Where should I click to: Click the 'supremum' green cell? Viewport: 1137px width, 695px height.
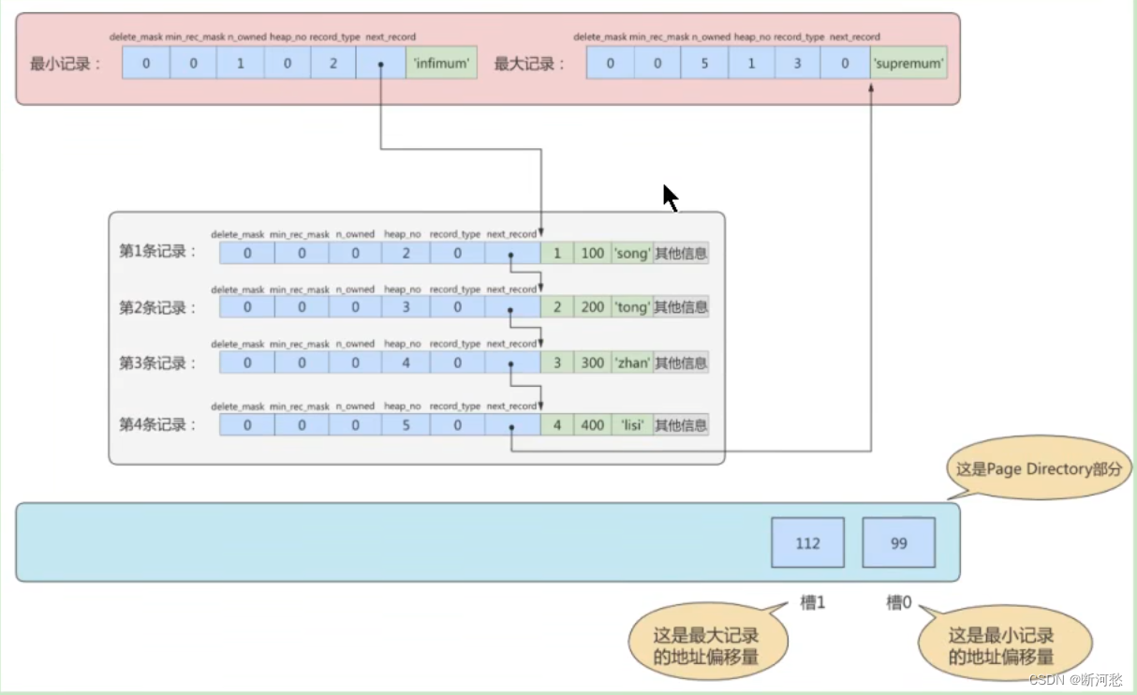[x=908, y=65]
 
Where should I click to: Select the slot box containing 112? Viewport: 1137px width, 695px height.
[x=807, y=542]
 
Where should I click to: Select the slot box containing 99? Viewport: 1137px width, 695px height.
[x=898, y=542]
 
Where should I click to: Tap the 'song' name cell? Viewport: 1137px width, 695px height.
[x=631, y=253]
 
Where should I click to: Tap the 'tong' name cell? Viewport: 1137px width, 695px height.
[x=631, y=307]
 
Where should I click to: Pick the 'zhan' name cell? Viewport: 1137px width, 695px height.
[x=631, y=362]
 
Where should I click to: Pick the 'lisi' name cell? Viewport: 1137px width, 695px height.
[x=631, y=425]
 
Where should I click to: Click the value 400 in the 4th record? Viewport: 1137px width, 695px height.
[x=592, y=425]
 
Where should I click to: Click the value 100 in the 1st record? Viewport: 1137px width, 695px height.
[x=592, y=253]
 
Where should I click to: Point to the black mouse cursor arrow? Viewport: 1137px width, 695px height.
[x=670, y=197]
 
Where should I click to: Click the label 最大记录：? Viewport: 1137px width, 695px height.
[x=530, y=65]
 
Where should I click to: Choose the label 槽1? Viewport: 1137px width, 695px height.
[x=812, y=603]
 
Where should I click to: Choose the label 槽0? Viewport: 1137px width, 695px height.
[x=899, y=603]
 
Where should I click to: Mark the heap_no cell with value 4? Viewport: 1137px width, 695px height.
[x=406, y=362]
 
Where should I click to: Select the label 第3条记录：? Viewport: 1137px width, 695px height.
[x=157, y=363]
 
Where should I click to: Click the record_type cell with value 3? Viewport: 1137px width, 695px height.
[x=798, y=65]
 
